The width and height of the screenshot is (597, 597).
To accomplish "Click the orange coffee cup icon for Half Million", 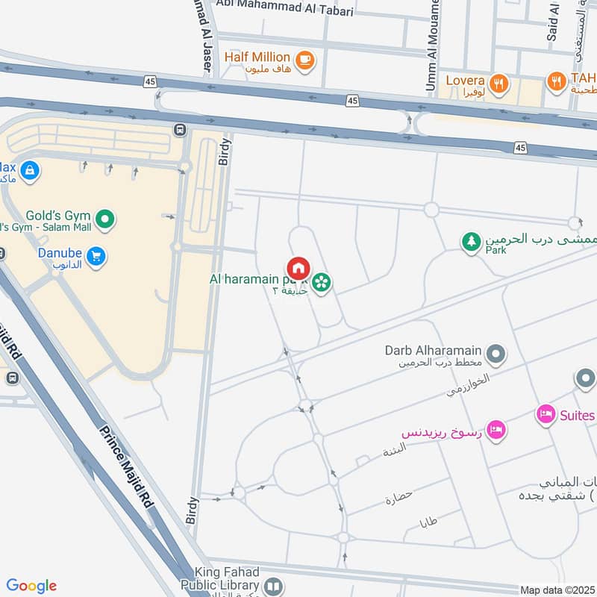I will click(x=304, y=60).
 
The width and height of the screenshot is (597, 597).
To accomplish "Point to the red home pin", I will click(x=298, y=269).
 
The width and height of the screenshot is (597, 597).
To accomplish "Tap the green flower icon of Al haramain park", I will click(x=322, y=282).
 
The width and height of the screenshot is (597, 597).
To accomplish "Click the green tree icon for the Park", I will click(x=471, y=242).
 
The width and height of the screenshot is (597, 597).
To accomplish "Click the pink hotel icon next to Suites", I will click(x=546, y=414).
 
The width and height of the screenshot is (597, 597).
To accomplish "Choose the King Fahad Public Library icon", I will click(x=273, y=587).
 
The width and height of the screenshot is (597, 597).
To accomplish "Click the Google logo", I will click(x=31, y=586).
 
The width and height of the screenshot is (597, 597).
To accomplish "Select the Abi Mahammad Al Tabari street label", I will click(x=284, y=5).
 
